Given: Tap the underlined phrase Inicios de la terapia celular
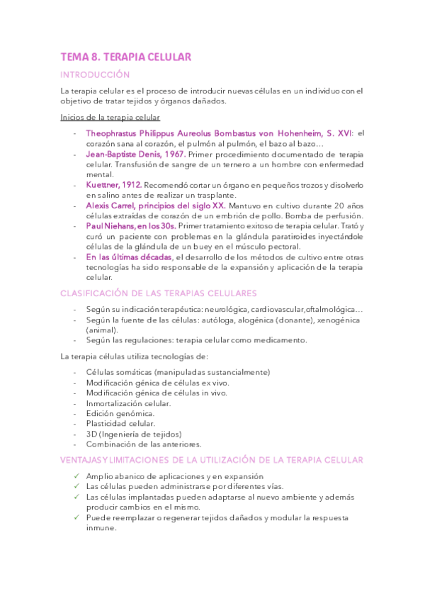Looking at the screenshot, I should click(x=110, y=118).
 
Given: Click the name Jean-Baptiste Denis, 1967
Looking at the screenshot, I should click(x=135, y=154).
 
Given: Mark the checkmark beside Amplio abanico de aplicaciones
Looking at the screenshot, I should click(x=76, y=476).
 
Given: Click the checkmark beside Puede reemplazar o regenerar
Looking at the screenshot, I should click(x=76, y=517).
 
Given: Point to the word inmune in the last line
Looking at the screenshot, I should click(x=101, y=528).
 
